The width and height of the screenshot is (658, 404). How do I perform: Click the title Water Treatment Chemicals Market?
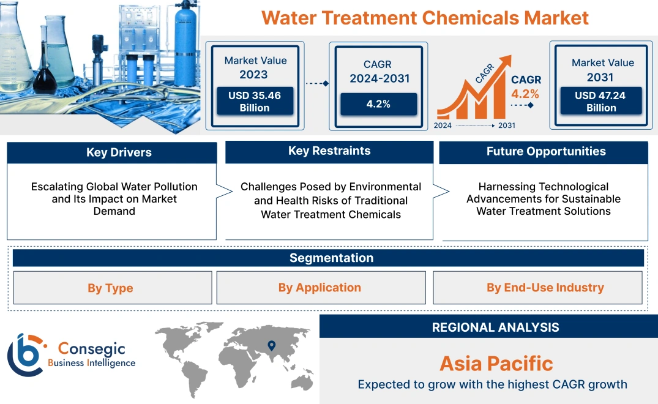click(425, 17)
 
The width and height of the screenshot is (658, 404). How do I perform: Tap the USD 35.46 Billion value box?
click(255, 102)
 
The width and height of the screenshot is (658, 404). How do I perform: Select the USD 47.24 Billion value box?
click(601, 102)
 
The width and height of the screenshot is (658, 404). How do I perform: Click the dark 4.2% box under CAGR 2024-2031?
click(378, 104)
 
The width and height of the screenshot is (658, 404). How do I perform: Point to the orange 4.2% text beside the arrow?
click(525, 94)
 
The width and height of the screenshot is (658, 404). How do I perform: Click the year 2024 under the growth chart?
click(443, 125)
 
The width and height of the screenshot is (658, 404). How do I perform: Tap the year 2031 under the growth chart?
click(507, 125)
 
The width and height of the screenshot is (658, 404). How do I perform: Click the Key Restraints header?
click(329, 151)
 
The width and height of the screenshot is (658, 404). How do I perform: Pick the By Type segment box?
click(110, 288)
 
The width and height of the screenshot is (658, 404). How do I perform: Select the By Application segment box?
click(320, 288)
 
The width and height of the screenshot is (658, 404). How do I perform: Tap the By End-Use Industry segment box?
click(545, 288)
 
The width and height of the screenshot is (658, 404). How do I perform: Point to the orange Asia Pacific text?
click(496, 364)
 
